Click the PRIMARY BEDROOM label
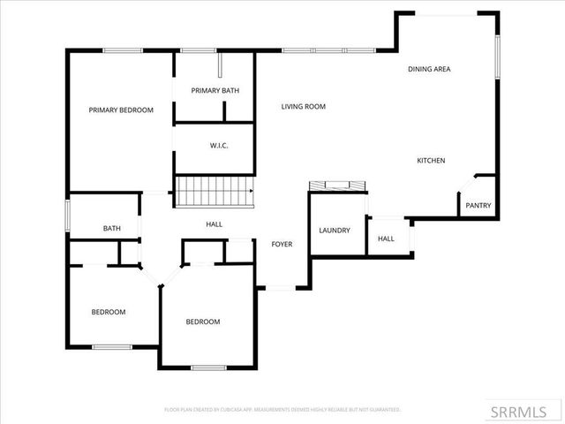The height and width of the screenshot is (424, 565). tap(121, 110)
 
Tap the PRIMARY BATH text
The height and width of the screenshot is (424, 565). tap(215, 90)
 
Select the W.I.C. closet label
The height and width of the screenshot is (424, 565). tap(219, 145)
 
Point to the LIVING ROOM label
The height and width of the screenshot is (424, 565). tap(304, 107)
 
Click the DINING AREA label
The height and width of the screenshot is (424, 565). tap(429, 69)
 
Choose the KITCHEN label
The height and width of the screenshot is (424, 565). tap(431, 161)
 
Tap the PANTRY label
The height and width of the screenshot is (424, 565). tap(479, 206)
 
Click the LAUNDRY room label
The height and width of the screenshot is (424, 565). tap(335, 231)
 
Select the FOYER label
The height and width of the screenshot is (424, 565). tap(282, 244)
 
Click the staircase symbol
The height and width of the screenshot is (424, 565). tap(215, 191)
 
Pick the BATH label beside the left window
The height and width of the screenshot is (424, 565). tap(111, 229)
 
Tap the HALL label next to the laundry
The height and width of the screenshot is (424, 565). tap(386, 239)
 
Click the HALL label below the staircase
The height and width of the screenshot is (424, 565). tap(214, 224)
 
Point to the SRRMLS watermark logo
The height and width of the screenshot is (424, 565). tap(524, 412)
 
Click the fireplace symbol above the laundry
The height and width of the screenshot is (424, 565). tap(336, 185)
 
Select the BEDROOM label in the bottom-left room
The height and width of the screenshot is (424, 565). tap(109, 312)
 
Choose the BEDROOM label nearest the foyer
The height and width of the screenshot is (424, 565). tap(202, 322)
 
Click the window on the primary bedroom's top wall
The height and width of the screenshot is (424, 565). tap(124, 50)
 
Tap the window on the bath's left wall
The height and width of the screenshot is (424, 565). tap(68, 215)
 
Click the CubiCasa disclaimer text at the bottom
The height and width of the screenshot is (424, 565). tap(282, 410)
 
